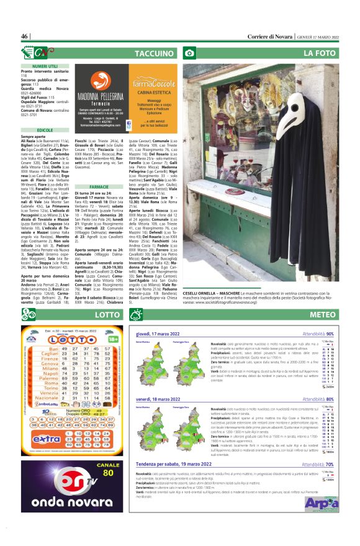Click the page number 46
(x=25, y=36)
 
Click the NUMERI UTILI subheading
(x=45, y=65)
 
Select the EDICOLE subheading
(x=45, y=130)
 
